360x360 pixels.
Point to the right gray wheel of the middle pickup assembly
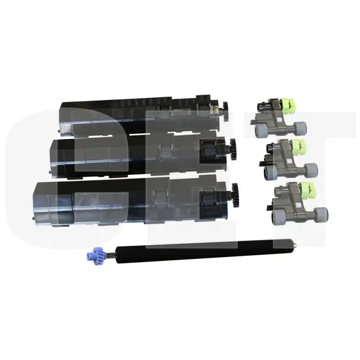[309, 169]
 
